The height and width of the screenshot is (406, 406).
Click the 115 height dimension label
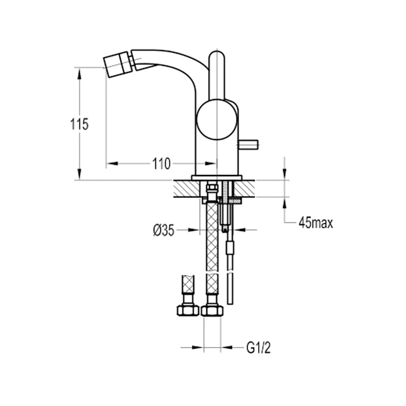click(x=79, y=124)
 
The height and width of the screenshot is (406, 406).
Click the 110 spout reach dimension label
click(x=161, y=163)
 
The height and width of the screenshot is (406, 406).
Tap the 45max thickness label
click(x=316, y=222)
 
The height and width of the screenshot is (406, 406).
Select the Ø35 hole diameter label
click(x=163, y=230)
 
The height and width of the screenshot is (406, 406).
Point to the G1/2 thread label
click(x=258, y=348)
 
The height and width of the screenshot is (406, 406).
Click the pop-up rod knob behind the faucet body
click(x=248, y=145)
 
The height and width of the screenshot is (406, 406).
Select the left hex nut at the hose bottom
click(x=188, y=311)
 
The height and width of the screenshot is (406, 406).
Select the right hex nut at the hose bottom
click(x=212, y=311)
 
